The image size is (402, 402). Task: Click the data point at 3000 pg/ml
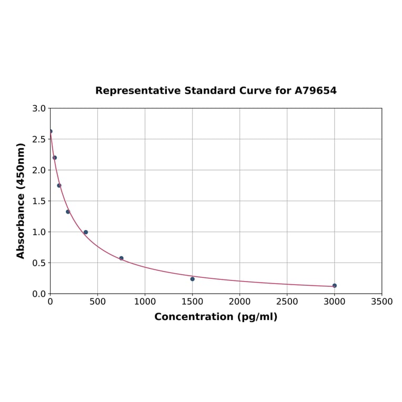334,286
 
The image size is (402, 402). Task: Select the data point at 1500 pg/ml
192,279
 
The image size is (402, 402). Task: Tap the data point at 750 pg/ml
121,258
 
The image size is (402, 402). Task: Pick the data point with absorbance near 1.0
86,232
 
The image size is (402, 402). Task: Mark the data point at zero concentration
51,132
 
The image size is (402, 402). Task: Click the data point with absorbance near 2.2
55,158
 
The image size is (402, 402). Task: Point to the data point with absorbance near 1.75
59,185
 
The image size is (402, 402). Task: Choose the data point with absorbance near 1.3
68,212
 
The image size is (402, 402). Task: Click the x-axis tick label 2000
239,302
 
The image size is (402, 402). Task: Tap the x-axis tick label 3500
381,302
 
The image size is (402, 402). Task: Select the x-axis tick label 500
97,302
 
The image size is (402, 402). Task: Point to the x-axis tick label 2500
287,302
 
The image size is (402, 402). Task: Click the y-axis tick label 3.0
39,109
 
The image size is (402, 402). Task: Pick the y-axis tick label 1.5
39,201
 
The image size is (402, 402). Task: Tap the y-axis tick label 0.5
39,263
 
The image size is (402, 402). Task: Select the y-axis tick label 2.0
39,170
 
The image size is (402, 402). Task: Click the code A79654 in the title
315,91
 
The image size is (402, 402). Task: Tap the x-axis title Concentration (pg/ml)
216,317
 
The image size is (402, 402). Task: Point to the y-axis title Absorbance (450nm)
21,201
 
